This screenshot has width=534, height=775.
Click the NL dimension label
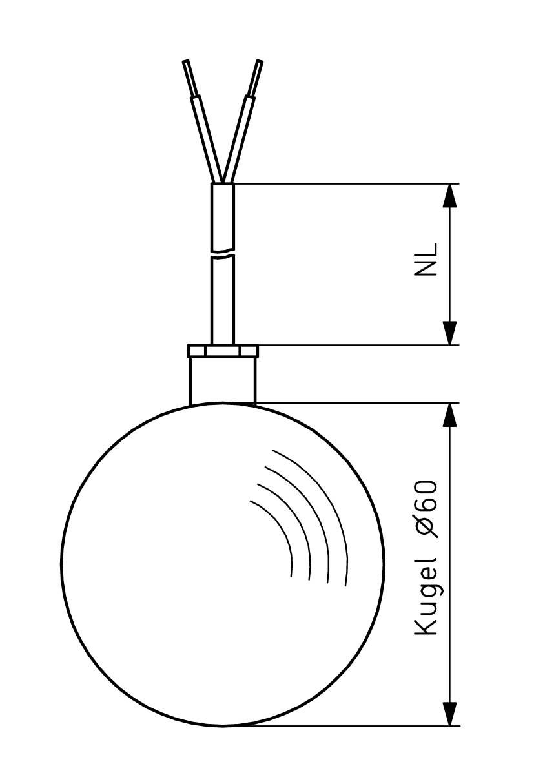coord(426,260)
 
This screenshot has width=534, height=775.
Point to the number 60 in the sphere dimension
coord(426,496)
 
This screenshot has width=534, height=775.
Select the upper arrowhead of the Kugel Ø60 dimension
coord(451,415)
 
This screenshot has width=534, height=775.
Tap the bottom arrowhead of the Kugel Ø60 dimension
coord(451,714)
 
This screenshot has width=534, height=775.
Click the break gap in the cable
coord(223,253)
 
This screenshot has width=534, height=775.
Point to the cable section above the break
coord(223,216)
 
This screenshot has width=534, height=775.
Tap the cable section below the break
coord(223,300)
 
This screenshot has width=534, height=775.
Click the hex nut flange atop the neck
coord(223,351)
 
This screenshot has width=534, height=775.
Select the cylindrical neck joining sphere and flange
coord(223,380)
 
